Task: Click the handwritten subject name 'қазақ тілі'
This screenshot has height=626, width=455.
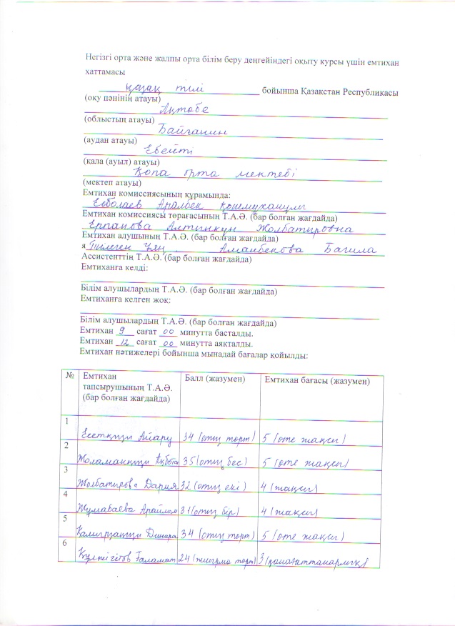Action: click(x=164, y=87)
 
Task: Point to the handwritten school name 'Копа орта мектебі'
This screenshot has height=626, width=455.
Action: click(x=215, y=173)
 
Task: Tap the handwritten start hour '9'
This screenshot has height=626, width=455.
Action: click(x=122, y=332)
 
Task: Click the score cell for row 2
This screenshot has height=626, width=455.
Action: click(x=216, y=463)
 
